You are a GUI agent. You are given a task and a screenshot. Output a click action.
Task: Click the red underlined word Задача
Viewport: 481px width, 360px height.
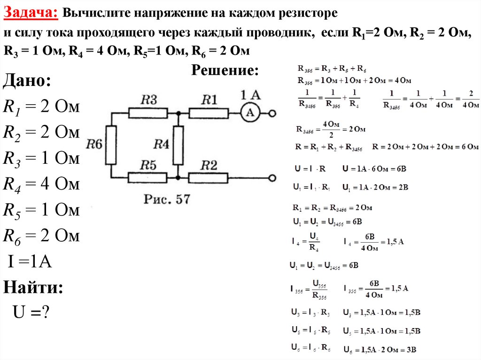[x=31, y=13]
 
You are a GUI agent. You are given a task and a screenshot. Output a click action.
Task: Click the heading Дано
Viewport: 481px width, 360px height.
[x=27, y=80]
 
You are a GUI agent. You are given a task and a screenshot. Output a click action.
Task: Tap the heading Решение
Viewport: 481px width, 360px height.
[x=225, y=71]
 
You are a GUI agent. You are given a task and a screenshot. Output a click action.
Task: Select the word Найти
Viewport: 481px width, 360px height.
[x=33, y=287]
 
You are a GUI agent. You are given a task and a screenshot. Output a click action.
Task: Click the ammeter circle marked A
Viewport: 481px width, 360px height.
[x=250, y=113]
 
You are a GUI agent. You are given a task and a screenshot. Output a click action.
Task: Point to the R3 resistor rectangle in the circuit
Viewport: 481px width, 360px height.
[x=147, y=113]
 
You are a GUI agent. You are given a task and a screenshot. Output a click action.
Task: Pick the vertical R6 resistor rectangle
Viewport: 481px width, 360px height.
[x=110, y=145]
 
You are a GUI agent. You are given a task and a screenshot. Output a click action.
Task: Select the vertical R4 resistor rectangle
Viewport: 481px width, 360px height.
[x=178, y=145]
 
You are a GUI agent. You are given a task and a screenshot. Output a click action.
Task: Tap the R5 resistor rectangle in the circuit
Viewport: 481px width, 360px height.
[x=147, y=178]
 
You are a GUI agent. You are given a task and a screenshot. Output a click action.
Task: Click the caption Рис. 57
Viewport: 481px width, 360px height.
[x=167, y=199]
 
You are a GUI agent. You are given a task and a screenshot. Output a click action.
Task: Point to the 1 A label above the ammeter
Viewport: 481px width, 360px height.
[x=250, y=95]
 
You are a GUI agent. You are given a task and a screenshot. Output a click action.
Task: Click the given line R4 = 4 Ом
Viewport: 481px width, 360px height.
[x=41, y=184]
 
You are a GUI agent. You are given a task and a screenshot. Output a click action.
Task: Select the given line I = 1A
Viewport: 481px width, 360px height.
[x=30, y=261]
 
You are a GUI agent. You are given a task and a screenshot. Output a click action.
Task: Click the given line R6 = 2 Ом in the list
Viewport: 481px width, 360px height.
[x=41, y=236]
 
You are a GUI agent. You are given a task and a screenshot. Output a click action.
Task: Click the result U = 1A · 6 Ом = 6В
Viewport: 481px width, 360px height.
[x=375, y=168]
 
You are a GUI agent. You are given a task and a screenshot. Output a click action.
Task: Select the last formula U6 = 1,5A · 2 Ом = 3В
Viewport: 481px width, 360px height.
[x=380, y=350]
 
